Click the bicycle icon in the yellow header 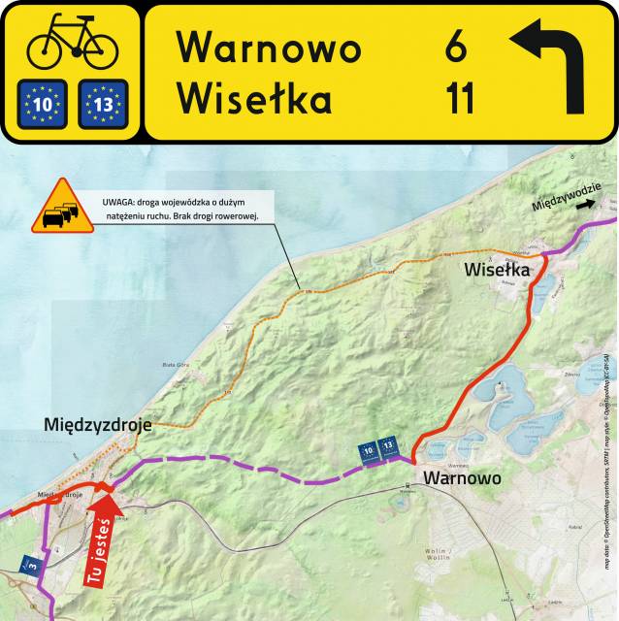(72, 42)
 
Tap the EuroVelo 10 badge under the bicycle (42, 104)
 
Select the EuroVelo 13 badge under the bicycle (102, 104)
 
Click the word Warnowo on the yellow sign (269, 48)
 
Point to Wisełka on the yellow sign (255, 99)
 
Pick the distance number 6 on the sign (456, 48)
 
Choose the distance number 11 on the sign (459, 99)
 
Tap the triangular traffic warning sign (63, 208)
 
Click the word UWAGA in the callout (119, 203)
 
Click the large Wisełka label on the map (497, 269)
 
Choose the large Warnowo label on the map (462, 478)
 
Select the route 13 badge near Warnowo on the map (388, 446)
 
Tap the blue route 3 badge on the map (32, 563)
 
